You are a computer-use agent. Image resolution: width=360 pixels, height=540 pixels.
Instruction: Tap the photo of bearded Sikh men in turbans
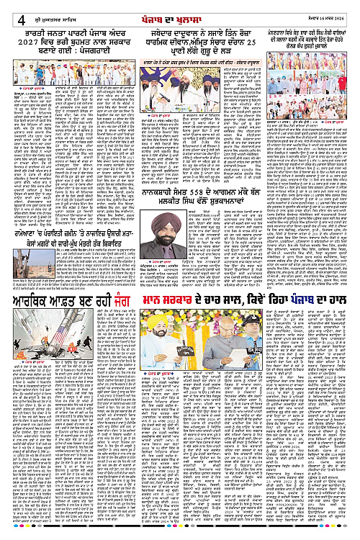181,78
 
